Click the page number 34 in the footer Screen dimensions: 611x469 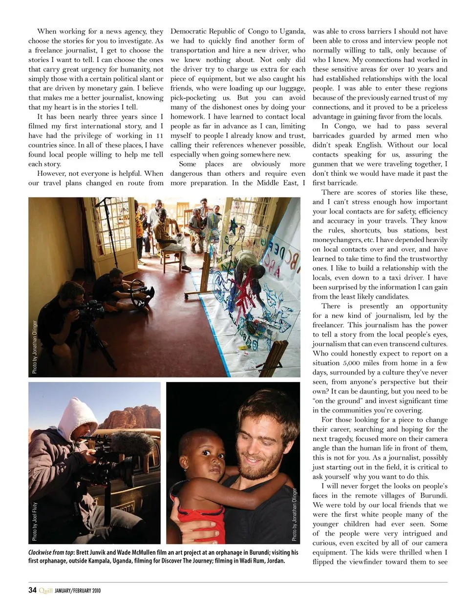point(32,590)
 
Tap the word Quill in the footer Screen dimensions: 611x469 point(45,590)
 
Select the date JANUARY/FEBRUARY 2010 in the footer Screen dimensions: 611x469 point(78,590)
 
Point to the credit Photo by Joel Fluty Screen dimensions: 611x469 point(35,521)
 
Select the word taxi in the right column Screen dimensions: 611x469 point(401,277)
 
